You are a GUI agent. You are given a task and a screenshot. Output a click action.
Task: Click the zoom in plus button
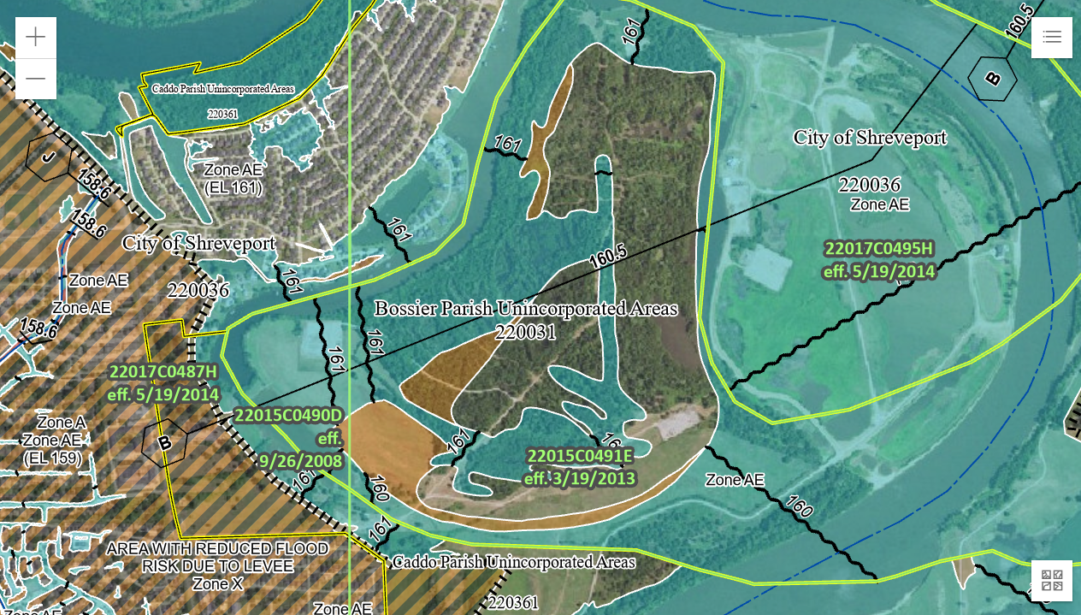click(36, 38)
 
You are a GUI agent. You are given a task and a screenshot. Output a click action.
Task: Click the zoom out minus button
click(36, 79)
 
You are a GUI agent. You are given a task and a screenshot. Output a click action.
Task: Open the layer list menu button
click(1052, 37)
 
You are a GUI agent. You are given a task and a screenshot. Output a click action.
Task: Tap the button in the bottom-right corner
click(1052, 581)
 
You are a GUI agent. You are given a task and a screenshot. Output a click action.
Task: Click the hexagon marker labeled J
click(48, 157)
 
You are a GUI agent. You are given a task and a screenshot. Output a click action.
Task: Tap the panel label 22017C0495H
click(878, 249)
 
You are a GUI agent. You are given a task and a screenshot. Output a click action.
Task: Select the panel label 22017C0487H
click(164, 372)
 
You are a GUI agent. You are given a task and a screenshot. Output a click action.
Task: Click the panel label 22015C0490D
click(289, 416)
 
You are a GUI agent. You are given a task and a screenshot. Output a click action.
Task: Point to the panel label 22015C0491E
click(580, 456)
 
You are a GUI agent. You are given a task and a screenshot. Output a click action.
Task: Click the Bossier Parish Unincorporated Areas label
click(526, 309)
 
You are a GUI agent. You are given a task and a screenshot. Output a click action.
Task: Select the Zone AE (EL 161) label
click(233, 178)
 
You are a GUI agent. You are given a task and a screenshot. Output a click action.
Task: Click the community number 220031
click(525, 333)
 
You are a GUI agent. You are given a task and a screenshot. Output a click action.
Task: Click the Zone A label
click(62, 423)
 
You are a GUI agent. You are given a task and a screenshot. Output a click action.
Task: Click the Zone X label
click(217, 584)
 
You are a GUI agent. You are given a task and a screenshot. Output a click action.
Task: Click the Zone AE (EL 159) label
click(52, 449)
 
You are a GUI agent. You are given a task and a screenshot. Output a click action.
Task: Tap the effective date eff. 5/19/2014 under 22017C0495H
click(878, 272)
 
